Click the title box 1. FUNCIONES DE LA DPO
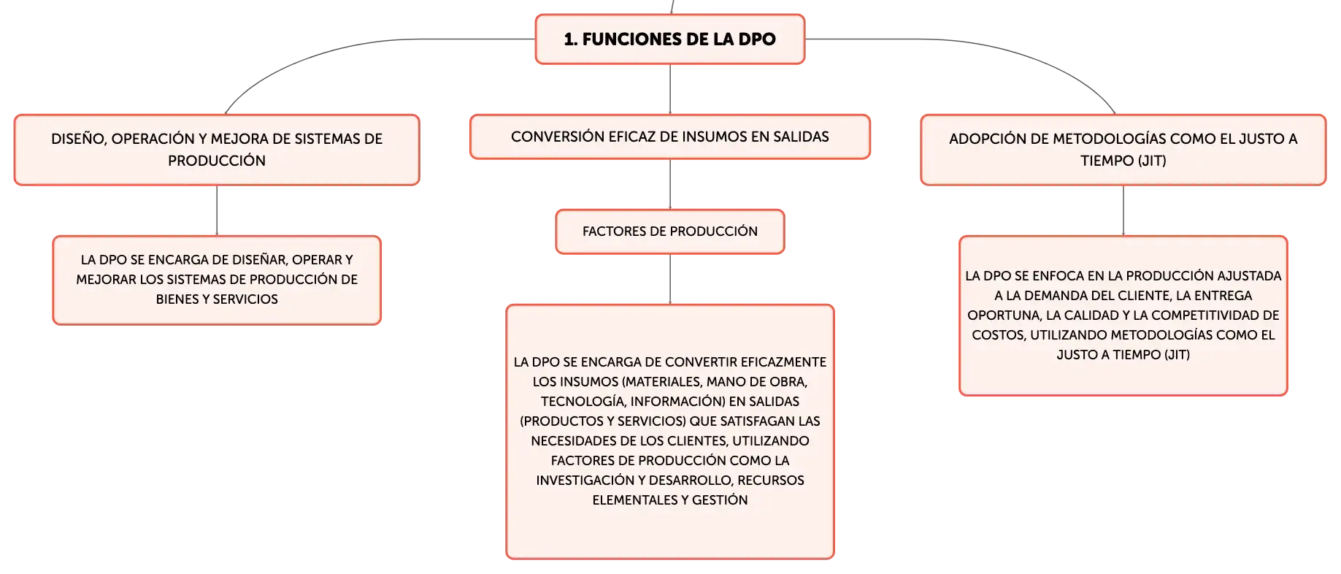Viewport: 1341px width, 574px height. click(x=670, y=39)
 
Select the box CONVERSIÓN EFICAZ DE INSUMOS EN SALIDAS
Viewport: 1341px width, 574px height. click(x=670, y=137)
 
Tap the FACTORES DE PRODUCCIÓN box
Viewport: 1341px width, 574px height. click(x=670, y=231)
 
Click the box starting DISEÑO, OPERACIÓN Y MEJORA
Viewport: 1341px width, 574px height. click(x=217, y=150)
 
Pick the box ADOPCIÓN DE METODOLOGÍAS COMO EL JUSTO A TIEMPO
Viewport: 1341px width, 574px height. click(x=1123, y=150)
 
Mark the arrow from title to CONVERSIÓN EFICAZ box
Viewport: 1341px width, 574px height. click(x=670, y=89)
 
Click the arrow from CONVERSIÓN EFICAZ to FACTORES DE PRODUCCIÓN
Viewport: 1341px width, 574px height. click(x=670, y=184)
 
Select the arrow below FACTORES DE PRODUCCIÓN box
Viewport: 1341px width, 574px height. click(x=670, y=279)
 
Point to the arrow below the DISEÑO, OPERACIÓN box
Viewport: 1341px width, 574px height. click(x=217, y=210)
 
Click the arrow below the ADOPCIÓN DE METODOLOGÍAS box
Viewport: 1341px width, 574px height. click(x=1123, y=210)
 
